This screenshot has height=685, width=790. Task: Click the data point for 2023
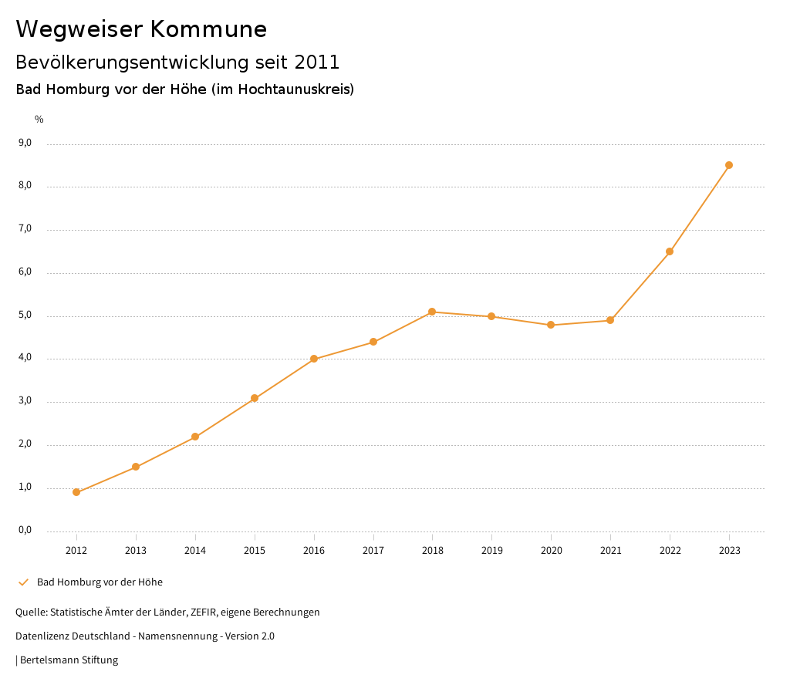[x=729, y=165]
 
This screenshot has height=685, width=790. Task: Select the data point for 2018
[x=432, y=312]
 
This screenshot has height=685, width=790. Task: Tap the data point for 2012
[x=76, y=492]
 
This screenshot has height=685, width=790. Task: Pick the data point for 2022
[x=670, y=251]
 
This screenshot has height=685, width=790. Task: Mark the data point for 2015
[x=255, y=398]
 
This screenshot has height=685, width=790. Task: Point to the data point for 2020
[x=551, y=325]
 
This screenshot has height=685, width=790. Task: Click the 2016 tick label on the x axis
[x=314, y=550]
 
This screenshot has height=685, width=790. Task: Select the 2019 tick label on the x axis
[x=491, y=550]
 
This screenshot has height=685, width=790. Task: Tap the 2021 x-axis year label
[x=610, y=550]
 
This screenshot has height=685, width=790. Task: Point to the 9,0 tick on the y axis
[x=25, y=143]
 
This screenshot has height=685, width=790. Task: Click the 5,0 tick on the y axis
[x=25, y=315]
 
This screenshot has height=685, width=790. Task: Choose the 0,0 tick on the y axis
[x=25, y=530]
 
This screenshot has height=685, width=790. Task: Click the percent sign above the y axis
[x=39, y=120]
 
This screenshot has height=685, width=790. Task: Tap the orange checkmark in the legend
[x=23, y=582]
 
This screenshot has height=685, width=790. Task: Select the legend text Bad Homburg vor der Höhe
[x=100, y=582]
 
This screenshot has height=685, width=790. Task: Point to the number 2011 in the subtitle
[x=317, y=62]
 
